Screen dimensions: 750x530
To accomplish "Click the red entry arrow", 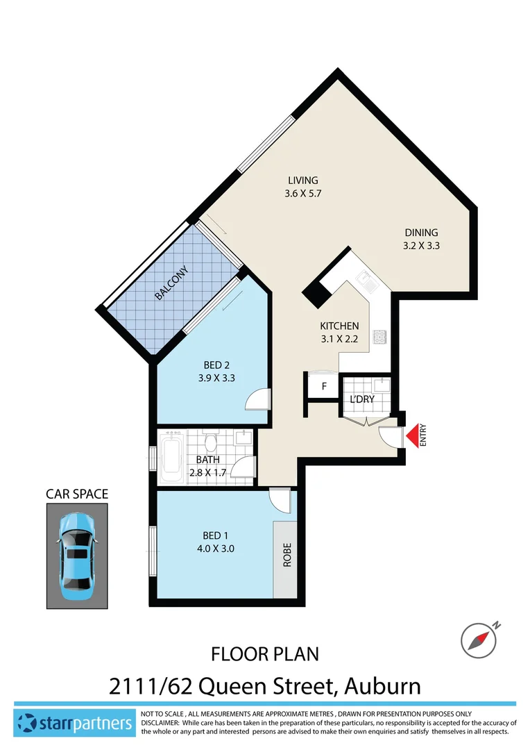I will [x=413, y=435].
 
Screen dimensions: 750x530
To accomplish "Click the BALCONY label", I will [x=170, y=283].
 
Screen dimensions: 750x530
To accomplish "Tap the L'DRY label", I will [x=361, y=399].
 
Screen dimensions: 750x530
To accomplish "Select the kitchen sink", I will [x=365, y=281].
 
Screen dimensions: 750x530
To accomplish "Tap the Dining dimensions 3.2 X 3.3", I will [x=422, y=245].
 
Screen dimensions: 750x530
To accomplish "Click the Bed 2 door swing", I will [x=257, y=399].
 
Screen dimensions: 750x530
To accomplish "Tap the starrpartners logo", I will [x=75, y=724].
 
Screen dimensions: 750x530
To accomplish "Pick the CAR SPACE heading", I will [x=77, y=494].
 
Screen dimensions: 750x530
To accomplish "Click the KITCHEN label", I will [x=339, y=326].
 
